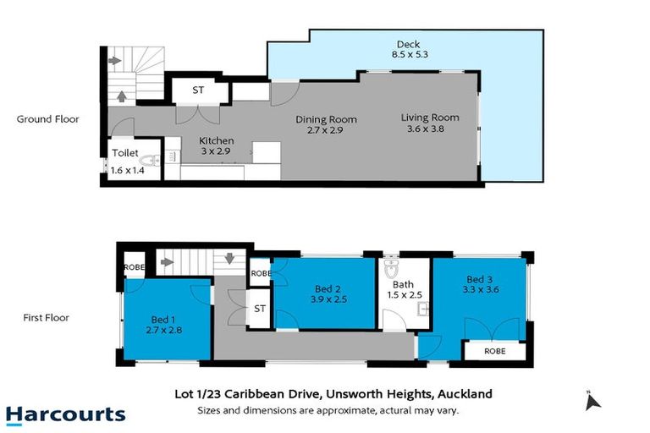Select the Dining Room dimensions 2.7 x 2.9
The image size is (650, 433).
point(326,131)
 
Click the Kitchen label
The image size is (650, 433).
point(217,140)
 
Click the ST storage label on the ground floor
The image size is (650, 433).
point(198,89)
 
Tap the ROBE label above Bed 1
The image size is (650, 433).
point(135,266)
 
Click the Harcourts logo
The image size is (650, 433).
point(65,414)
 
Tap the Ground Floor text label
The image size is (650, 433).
point(48,119)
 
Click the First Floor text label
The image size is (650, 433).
point(47,318)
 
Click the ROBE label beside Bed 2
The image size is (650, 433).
point(260,273)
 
